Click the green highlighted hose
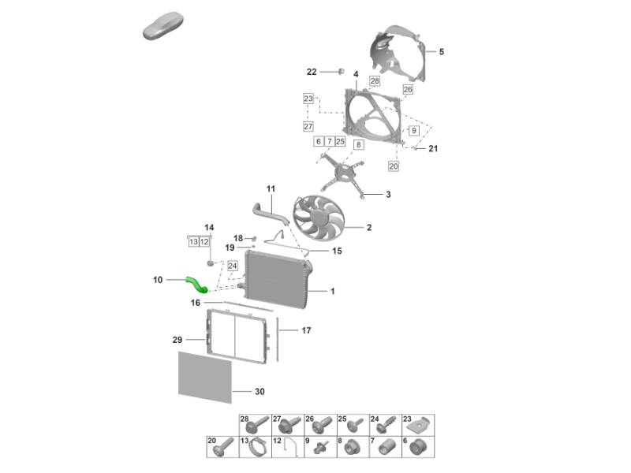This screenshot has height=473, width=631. pyautogui.click(x=196, y=284)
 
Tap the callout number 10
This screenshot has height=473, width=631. pyautogui.click(x=158, y=280)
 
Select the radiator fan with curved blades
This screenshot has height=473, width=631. pyautogui.click(x=319, y=218)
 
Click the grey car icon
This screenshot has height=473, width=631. pyautogui.click(x=163, y=26)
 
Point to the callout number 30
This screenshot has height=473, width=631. pyautogui.click(x=259, y=391)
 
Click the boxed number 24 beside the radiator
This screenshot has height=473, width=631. pyautogui.click(x=233, y=266)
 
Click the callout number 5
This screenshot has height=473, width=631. pyautogui.click(x=442, y=51)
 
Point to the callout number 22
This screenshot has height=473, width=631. pyautogui.click(x=312, y=72)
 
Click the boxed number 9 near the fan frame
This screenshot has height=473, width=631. pyautogui.click(x=413, y=130)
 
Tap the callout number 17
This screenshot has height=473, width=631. pyautogui.click(x=306, y=330)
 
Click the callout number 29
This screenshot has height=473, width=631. pyautogui.click(x=177, y=340)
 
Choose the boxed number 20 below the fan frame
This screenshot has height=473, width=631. pyautogui.click(x=394, y=166)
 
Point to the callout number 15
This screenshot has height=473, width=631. pyautogui.click(x=337, y=251)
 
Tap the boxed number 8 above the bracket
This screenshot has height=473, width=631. pyautogui.click(x=359, y=145)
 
